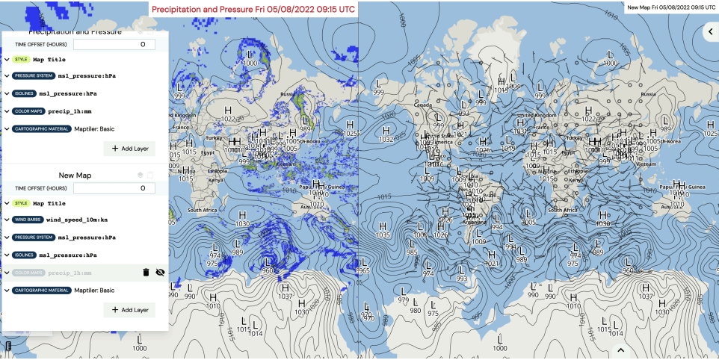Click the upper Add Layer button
click(x=130, y=148)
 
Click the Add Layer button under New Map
click(x=130, y=309)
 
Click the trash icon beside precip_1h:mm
click(x=146, y=273)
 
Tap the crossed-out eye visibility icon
click(x=160, y=273)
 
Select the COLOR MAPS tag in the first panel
click(x=28, y=111)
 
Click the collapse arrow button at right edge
click(x=710, y=31)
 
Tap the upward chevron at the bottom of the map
click(x=620, y=350)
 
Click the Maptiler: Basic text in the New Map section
click(x=94, y=290)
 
